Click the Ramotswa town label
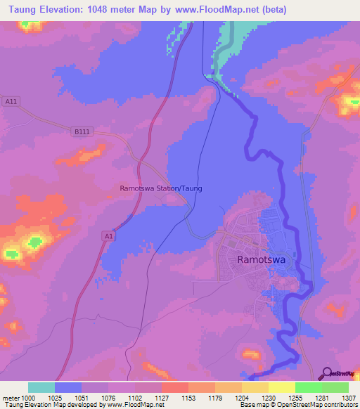(x=262, y=259)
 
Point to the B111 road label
(x=82, y=131)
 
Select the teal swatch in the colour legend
(x=41, y=387)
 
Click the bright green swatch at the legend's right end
(x=335, y=387)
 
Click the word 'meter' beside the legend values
(x=9, y=398)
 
